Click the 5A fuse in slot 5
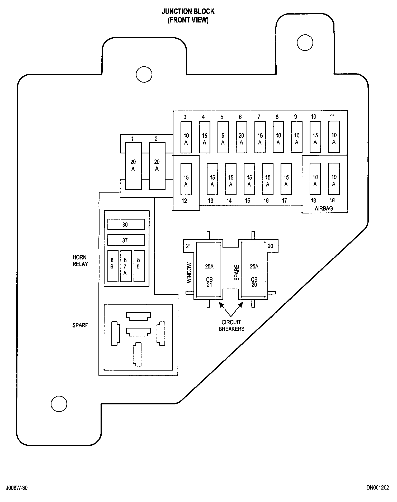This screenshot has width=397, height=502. (223, 137)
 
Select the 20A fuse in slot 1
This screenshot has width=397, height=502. (133, 166)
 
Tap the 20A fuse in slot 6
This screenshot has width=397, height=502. (242, 137)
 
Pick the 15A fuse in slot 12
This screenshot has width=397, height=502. (186, 179)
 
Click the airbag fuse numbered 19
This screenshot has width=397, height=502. (334, 179)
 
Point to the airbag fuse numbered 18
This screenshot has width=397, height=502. (315, 179)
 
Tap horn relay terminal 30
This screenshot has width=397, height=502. (126, 224)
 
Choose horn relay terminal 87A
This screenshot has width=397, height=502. (126, 266)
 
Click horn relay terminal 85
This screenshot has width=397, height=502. (139, 266)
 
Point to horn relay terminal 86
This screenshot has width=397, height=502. (113, 266)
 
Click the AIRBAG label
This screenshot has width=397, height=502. (324, 208)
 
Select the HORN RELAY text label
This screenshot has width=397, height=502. (80, 261)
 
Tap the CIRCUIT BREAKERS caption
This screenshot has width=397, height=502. (231, 326)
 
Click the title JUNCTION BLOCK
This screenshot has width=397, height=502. (188, 12)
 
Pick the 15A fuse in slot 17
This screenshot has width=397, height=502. (286, 179)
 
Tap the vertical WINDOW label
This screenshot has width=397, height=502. (189, 273)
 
